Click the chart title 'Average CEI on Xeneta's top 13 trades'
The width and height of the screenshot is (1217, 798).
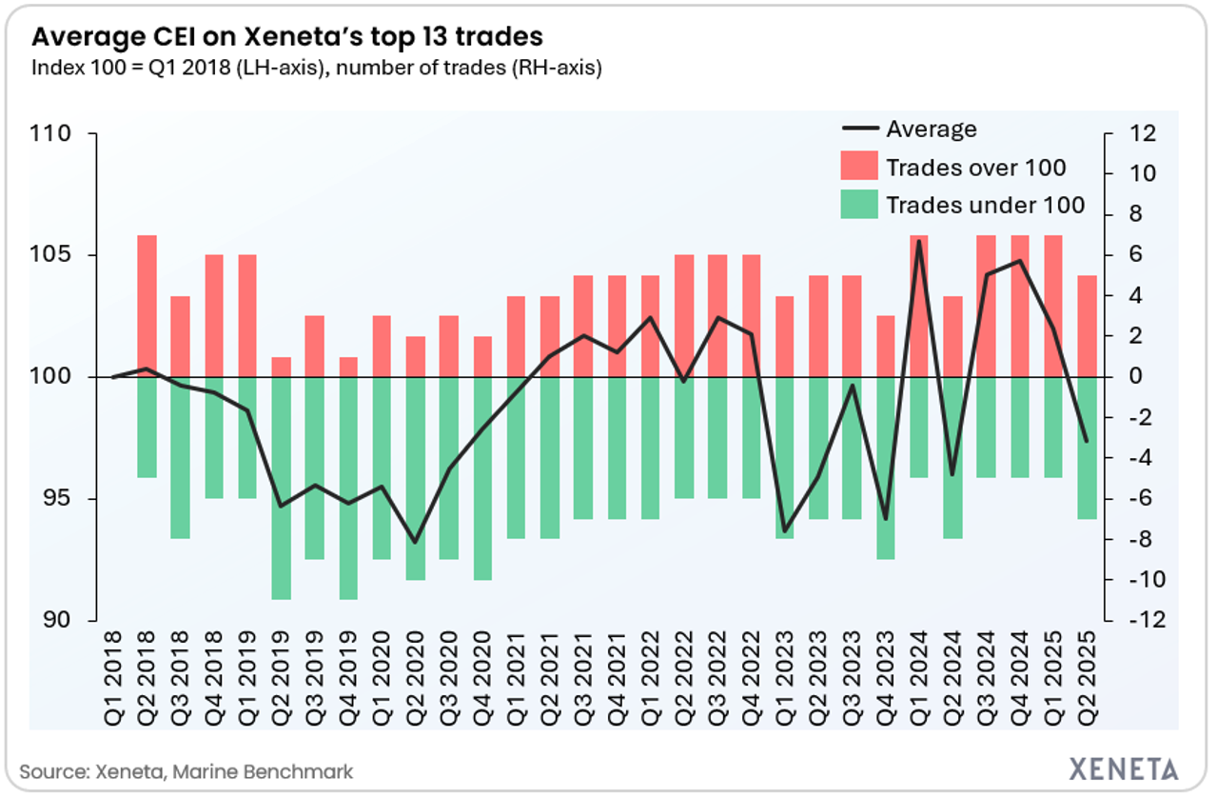[286, 37]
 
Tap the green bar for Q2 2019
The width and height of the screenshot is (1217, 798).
[281, 488]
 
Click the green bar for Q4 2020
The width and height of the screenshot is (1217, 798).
[482, 478]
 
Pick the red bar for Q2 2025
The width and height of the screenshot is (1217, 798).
[1087, 326]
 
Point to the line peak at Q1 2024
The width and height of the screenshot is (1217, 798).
[919, 241]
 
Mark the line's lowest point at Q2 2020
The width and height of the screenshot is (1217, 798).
[415, 542]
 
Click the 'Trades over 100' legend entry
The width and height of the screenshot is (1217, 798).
[975, 169]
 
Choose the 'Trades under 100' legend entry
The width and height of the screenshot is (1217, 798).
[985, 205]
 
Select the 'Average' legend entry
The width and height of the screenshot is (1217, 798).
[931, 130]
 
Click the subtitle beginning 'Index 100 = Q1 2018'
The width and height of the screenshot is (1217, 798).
[317, 69]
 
